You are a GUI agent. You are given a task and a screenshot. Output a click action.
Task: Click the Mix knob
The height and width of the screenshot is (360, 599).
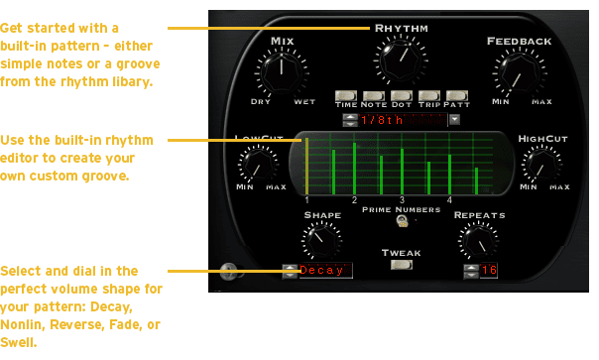coord(282,71)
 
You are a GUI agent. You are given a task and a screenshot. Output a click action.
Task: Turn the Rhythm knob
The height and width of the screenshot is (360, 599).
coord(401,60)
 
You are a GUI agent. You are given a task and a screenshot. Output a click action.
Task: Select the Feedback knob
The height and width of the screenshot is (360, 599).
coord(520,72)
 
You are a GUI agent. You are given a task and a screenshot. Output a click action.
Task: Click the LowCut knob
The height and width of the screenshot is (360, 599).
coord(258,165)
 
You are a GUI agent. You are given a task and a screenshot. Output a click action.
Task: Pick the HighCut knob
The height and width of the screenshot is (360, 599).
coord(541,165)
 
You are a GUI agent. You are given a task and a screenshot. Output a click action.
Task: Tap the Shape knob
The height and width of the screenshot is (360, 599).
coord(321,240)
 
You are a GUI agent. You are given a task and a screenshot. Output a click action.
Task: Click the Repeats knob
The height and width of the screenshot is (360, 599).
coord(478,241)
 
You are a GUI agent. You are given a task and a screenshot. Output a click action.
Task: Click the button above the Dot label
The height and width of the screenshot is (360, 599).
coord(402,95)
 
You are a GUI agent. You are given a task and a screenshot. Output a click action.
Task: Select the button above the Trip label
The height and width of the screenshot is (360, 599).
coord(429,95)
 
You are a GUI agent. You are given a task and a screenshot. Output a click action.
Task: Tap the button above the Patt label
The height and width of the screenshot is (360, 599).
coord(457,95)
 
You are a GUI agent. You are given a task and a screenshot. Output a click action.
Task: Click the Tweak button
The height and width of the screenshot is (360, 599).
coord(402,265)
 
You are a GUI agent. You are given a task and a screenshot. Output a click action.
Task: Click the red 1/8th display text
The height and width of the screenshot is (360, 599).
coord(382,120)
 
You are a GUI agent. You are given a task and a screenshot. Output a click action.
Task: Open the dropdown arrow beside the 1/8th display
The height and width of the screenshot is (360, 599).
coord(454,120)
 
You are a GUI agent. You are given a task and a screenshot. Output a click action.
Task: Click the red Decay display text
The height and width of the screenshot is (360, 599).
coord(321,270)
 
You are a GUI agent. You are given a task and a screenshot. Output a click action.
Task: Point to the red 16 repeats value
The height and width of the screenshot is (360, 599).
coord(489,270)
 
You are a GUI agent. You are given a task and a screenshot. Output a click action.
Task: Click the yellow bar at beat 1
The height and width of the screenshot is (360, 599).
coord(306,167)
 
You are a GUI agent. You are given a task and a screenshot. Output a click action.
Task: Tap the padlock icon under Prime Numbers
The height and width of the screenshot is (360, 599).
coord(402,221)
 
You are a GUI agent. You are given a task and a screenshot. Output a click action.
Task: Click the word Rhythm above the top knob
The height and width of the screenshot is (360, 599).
coord(401,29)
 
